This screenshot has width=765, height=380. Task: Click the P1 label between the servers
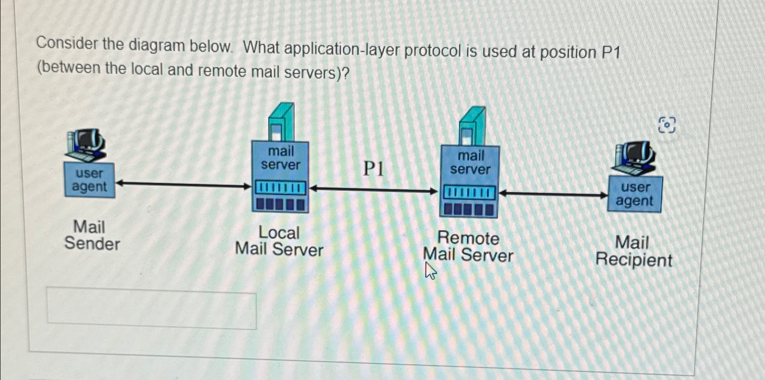[374, 169]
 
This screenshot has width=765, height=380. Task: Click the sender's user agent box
[89, 180]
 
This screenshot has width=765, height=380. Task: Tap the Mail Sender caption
[91, 235]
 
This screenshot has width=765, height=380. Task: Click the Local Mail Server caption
[279, 241]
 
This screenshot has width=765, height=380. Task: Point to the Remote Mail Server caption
[468, 247]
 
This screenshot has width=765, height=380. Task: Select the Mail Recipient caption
[633, 251]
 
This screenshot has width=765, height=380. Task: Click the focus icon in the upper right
[666, 124]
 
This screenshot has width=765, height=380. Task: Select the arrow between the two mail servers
[373, 189]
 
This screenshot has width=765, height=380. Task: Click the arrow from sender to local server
[183, 184]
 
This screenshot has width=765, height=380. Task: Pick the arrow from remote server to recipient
[553, 194]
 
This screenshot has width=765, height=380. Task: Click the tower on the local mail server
[281, 122]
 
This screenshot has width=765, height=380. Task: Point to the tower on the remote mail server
[472, 126]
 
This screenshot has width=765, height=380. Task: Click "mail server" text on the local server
[281, 158]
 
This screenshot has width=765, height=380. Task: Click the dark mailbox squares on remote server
[469, 209]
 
